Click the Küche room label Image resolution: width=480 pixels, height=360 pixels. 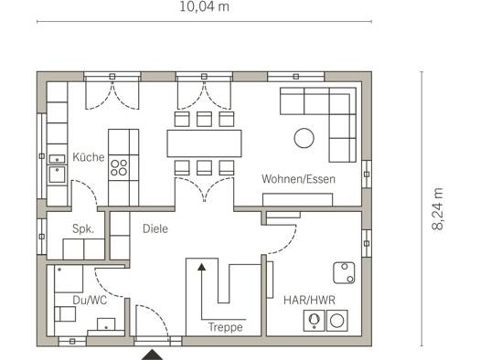tap(89, 157)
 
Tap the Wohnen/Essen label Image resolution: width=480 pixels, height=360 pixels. tap(298, 179)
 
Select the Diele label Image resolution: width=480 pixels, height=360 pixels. tap(155, 228)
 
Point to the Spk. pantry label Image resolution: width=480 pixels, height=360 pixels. tap(83, 228)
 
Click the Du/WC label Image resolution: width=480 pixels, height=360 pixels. tap(90, 300)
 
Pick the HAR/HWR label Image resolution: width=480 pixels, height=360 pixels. tap(309, 300)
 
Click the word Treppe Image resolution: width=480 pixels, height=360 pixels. tap(226, 327)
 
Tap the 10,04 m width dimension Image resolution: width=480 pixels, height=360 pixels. tap(204, 6)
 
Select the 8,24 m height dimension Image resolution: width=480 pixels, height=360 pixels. tap(437, 209)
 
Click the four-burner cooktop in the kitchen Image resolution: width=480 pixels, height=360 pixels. tap(119, 167)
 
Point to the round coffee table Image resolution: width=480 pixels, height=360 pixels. tap(304, 138)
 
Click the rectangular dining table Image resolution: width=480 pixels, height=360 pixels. tap(204, 143)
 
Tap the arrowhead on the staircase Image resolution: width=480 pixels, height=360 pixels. tap(201, 267)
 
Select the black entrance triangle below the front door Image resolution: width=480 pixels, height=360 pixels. tap(152, 355)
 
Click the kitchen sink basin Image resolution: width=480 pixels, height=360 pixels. tap(57, 175)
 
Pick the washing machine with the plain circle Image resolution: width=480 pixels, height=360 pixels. tap(337, 321)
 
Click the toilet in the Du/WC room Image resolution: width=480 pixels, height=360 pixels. tap(65, 314)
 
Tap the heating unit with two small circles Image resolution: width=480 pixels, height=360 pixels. tap(344, 273)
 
